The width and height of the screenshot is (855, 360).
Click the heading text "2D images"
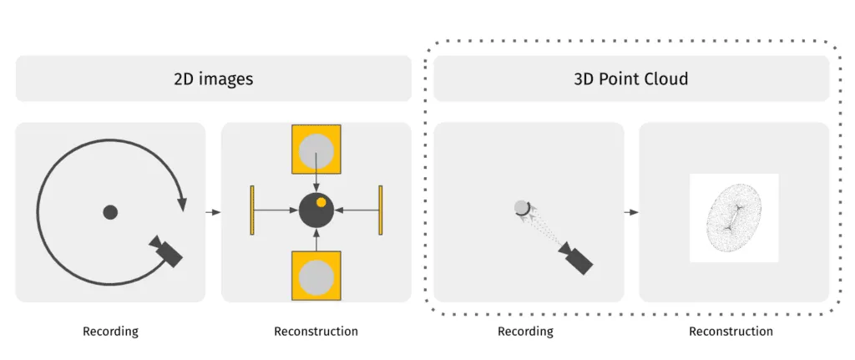click(x=213, y=79)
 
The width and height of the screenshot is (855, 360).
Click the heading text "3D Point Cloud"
click(x=631, y=79)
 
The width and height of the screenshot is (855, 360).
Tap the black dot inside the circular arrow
click(x=110, y=212)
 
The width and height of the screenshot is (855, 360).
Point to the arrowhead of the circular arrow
click(x=182, y=202)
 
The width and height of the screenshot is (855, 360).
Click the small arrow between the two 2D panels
click(x=213, y=212)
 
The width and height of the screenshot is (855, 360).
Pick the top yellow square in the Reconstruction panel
click(x=316, y=151)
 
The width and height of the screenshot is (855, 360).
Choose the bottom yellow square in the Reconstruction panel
click(x=316, y=275)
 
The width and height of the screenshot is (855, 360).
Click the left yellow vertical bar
click(x=251, y=210)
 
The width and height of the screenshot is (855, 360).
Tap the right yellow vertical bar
click(x=381, y=210)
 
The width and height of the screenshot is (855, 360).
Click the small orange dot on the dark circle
click(x=321, y=202)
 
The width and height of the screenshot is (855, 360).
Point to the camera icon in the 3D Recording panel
click(x=576, y=258)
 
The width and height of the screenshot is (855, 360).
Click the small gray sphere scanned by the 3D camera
click(x=522, y=207)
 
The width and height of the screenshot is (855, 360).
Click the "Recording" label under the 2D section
click(x=110, y=332)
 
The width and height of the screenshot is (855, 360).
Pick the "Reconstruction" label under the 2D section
click(x=316, y=332)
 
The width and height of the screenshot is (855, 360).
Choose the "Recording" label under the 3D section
click(x=525, y=332)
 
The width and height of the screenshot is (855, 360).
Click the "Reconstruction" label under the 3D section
click(x=731, y=332)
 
